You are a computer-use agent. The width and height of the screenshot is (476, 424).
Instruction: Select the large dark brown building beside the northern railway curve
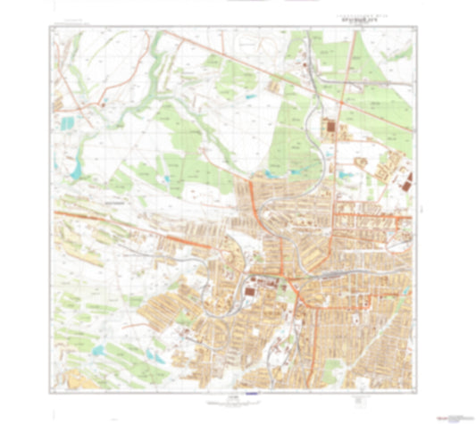coord(332,130)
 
